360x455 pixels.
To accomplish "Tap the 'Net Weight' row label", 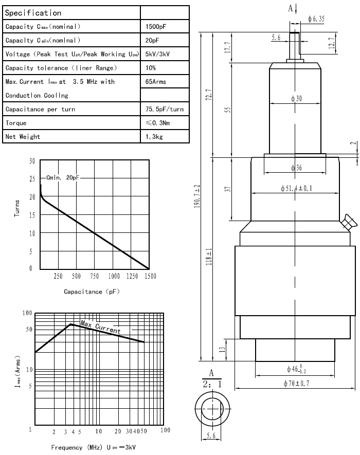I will tap(23, 136).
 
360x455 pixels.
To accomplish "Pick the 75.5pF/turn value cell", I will tap(165, 109).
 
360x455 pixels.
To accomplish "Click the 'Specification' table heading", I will tap(33, 13).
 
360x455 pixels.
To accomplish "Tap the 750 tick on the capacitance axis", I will tap(94, 276).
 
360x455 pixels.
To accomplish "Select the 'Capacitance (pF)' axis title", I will tap(92, 292).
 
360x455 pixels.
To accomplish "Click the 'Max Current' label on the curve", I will tap(100, 326).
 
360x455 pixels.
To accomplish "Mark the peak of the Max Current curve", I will tap(71, 324).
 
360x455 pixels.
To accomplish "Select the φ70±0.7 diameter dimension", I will tap(299, 383).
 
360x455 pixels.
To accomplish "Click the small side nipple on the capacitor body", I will tap(348, 223).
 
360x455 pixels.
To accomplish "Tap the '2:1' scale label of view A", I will tap(211, 384).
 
